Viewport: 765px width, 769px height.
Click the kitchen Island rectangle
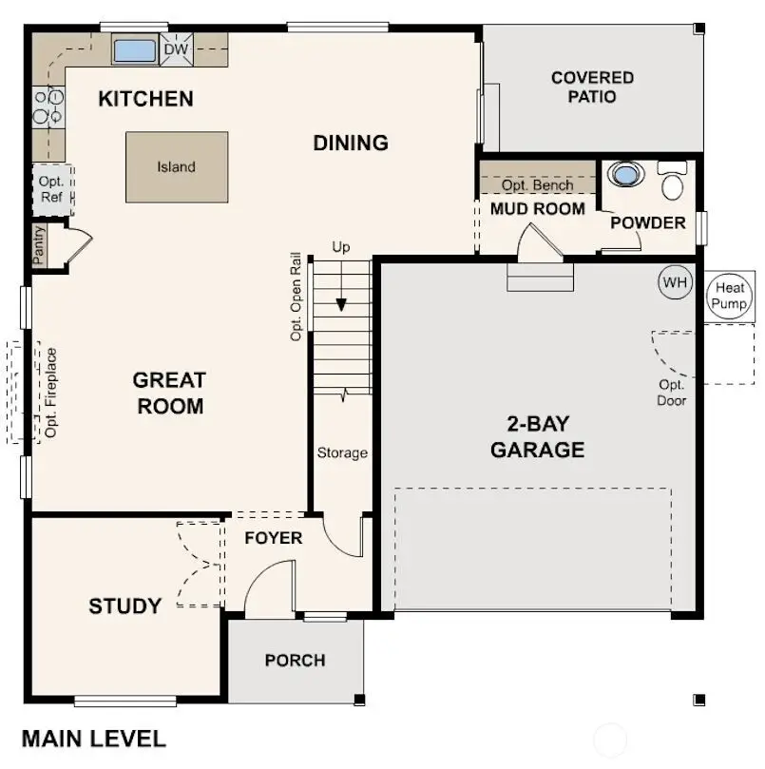[x=177, y=167]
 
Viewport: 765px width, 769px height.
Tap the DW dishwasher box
[x=175, y=49]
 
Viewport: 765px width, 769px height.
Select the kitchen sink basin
[x=135, y=49]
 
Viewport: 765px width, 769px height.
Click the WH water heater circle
[x=674, y=282]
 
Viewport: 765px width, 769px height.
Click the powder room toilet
[x=673, y=181]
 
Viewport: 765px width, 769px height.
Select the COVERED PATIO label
[x=592, y=87]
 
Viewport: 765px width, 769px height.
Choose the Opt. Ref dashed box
[x=51, y=189]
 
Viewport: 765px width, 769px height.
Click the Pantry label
[x=39, y=244]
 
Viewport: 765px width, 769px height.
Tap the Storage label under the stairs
[x=342, y=453]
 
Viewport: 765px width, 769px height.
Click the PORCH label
[x=295, y=661]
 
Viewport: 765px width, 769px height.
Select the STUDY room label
[x=124, y=606]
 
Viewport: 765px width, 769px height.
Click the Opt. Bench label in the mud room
[x=537, y=185]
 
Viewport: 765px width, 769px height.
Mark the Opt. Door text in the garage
[x=672, y=393]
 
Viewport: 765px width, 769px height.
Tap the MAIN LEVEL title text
[x=93, y=739]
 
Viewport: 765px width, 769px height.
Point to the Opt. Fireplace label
[x=51, y=393]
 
